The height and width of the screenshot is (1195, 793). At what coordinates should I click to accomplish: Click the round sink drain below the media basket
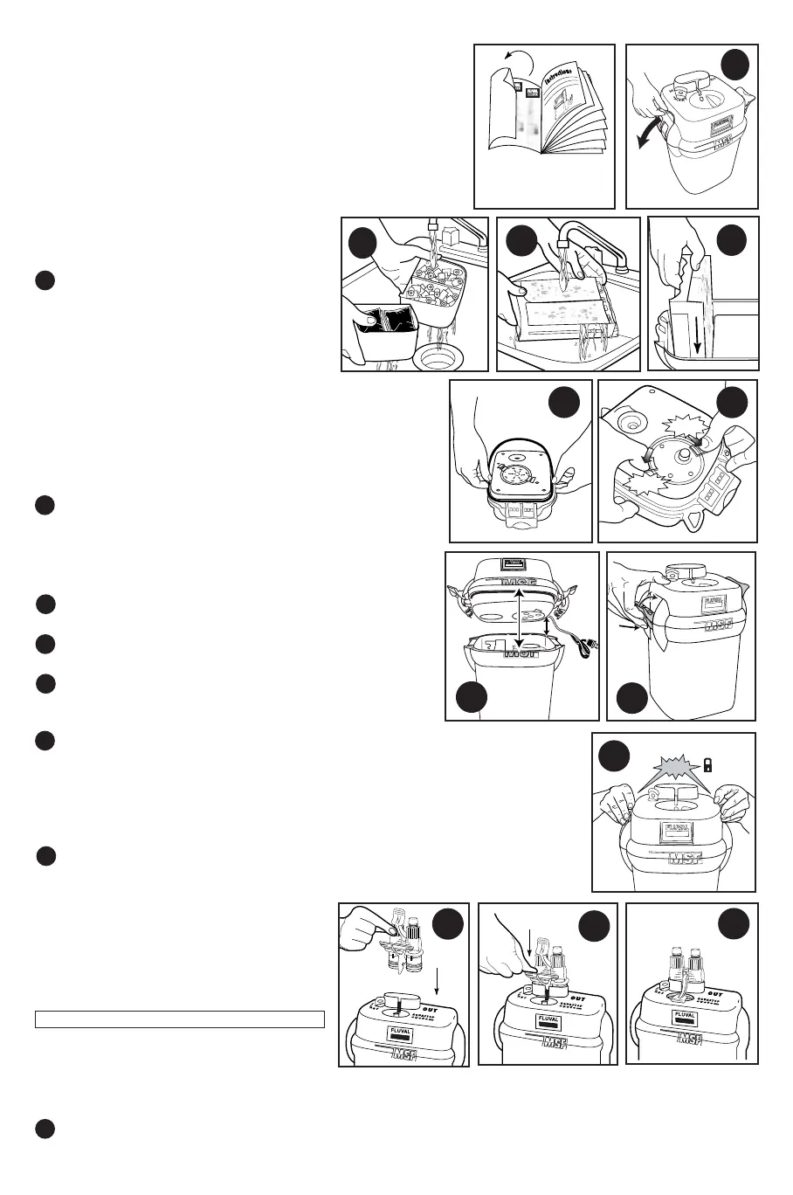438,356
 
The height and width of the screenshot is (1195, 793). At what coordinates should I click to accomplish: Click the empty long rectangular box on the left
180,1019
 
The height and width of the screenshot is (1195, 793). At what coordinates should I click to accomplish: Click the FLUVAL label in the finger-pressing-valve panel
400,1032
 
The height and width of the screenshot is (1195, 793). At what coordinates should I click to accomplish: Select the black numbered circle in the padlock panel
617,756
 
